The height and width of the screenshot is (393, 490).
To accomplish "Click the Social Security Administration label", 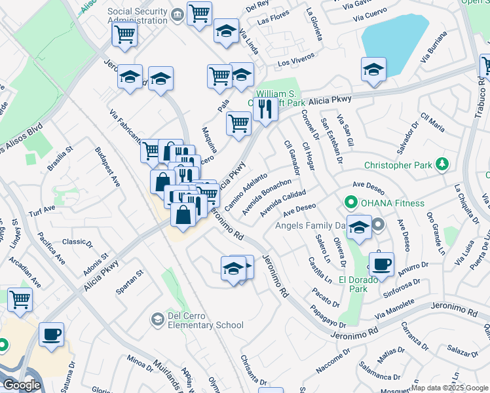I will [x=137, y=16].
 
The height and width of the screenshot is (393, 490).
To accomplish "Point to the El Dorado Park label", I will [x=358, y=284].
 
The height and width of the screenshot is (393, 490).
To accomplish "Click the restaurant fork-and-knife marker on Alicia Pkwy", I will [x=265, y=107].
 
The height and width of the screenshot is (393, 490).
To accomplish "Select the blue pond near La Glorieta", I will [x=394, y=36].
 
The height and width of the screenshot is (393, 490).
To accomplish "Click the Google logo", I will [x=22, y=385].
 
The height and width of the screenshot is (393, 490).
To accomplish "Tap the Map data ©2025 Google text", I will [x=449, y=388].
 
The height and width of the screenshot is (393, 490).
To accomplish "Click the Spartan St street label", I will [x=130, y=280].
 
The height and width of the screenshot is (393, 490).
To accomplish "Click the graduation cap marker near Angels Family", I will [x=359, y=227].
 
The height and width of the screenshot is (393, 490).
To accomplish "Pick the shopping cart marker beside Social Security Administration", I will [x=199, y=13].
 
